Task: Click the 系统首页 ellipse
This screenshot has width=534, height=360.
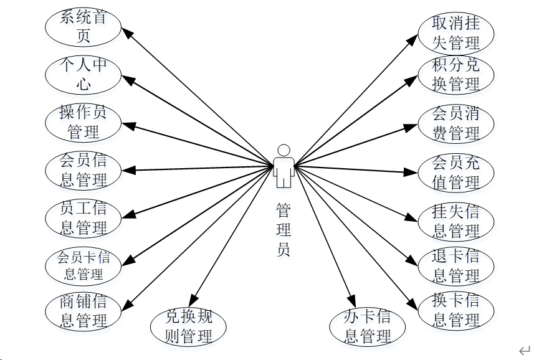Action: (x=83, y=27)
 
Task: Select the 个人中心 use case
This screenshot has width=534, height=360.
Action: (x=83, y=74)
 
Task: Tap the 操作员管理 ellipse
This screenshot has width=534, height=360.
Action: (x=83, y=122)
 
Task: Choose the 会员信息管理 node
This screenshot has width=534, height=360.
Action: (x=83, y=170)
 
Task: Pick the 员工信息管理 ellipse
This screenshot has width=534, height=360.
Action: (x=83, y=218)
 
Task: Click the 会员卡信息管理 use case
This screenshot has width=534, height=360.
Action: (x=83, y=265)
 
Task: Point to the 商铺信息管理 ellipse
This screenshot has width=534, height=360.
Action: (x=83, y=312)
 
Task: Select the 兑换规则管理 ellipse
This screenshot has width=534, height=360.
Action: (x=188, y=326)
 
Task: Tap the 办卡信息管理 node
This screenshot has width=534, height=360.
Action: (x=367, y=326)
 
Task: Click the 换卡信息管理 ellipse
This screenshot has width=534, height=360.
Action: (x=456, y=311)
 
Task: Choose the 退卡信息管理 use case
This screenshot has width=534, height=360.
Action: (x=456, y=266)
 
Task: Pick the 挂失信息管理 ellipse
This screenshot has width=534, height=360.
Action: (x=456, y=220)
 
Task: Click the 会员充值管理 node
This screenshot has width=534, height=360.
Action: (x=456, y=173)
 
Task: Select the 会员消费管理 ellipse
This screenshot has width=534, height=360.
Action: (x=456, y=123)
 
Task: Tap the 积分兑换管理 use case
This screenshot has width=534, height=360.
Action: (x=456, y=75)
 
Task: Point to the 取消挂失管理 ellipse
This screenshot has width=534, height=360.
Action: (x=456, y=33)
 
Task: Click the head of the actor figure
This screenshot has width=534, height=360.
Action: (x=284, y=150)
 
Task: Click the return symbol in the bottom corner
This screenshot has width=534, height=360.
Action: (x=524, y=351)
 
